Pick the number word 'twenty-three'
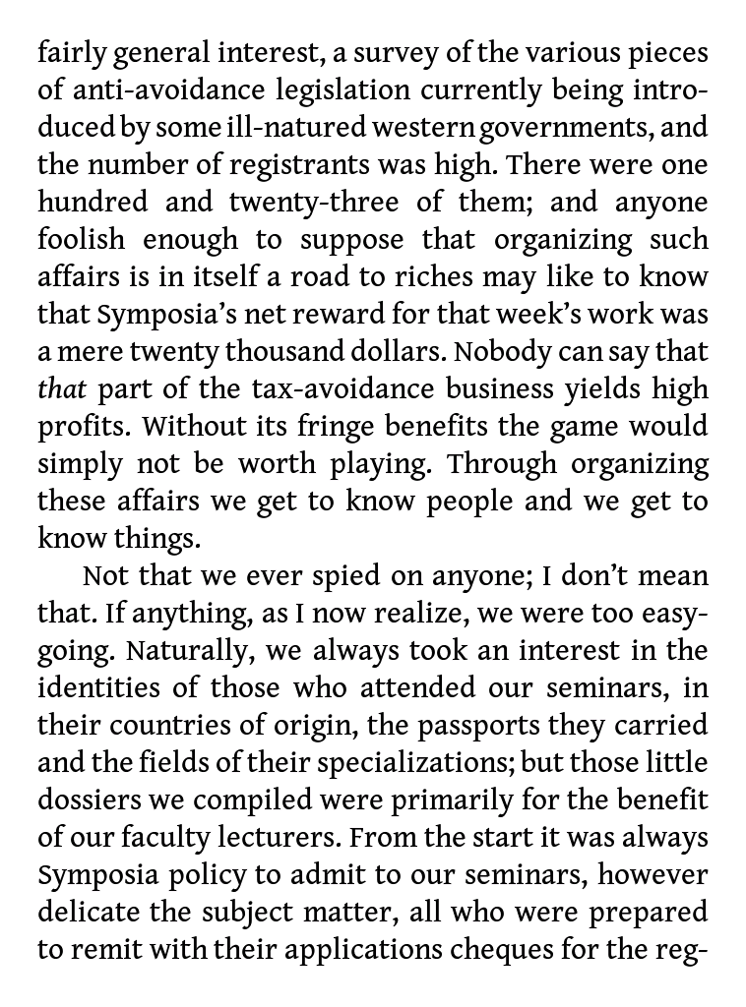tap(312, 203)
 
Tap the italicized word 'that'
tap(62, 389)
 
